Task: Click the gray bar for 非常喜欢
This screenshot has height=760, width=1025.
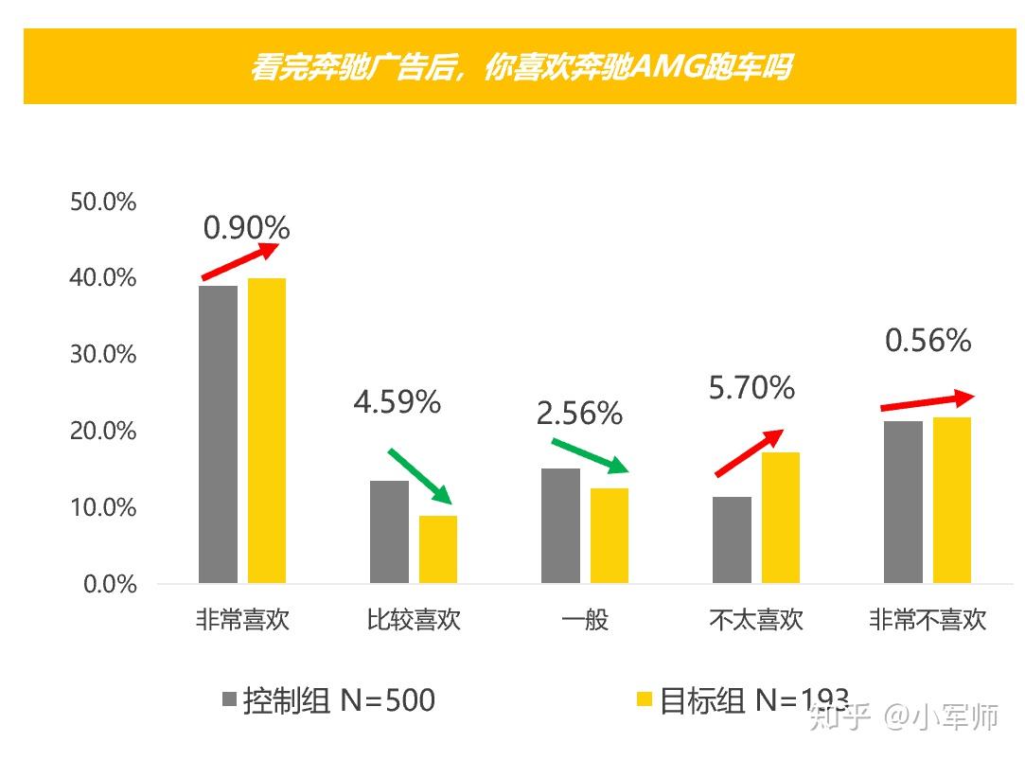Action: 218,434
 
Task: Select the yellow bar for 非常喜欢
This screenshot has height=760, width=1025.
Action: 267,431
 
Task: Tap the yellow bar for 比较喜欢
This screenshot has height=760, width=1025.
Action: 437,549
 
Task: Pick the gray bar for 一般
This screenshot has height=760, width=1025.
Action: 560,525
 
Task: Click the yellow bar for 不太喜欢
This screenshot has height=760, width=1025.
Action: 780,518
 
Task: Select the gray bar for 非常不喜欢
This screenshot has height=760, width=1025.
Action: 903,502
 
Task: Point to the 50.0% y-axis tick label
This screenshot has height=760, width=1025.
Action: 103,202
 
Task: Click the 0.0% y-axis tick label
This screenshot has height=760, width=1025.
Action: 110,584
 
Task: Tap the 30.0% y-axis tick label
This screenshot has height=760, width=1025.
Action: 103,354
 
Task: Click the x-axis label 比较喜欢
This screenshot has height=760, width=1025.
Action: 414,621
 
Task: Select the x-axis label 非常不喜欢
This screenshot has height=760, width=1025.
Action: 928,621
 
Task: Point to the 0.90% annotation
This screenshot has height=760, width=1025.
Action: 246,227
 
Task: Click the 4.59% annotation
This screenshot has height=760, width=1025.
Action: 397,402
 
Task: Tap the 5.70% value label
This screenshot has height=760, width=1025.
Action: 751,387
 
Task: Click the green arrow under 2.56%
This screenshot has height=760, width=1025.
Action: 589,454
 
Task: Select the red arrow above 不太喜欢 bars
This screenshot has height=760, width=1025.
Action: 749,453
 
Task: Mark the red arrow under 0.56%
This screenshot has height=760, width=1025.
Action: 927,401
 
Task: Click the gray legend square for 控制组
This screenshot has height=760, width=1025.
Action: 228,700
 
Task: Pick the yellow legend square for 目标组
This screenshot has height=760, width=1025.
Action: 645,700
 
